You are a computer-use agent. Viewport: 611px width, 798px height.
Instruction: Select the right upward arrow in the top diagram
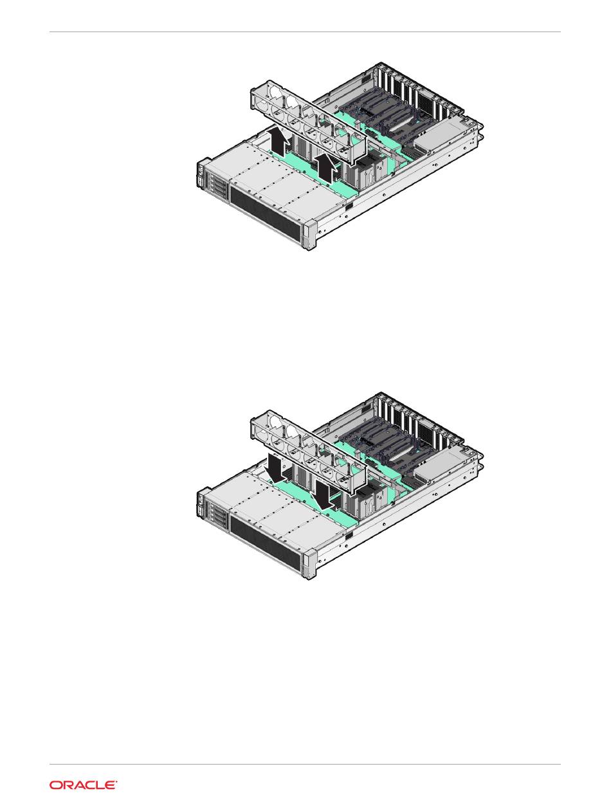(327, 167)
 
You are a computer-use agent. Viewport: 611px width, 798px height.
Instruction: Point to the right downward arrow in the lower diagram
(325, 494)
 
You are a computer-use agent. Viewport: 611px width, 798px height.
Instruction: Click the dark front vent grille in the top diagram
(266, 215)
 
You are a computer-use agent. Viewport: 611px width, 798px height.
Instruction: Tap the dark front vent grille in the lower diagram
(266, 545)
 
